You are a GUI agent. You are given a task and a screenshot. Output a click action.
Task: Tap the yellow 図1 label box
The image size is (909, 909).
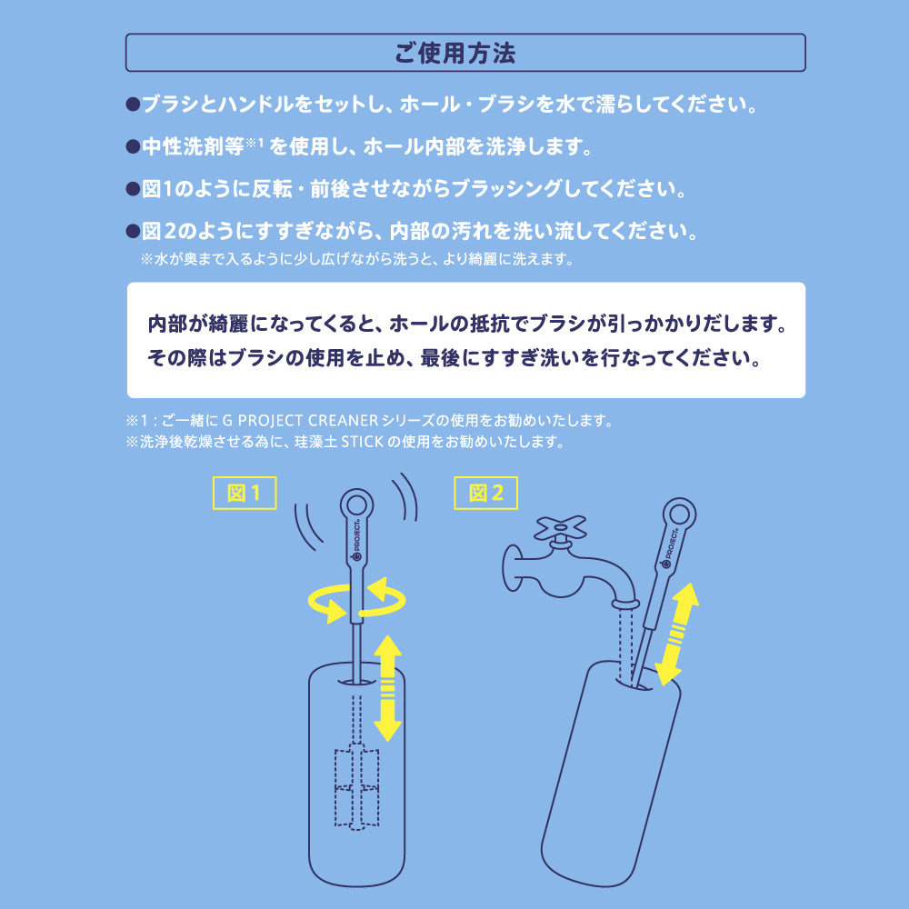[244, 493]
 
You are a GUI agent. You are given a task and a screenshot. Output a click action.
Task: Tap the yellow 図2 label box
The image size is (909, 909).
[485, 493]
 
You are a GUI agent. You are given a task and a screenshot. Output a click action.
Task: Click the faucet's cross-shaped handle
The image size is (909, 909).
[560, 528]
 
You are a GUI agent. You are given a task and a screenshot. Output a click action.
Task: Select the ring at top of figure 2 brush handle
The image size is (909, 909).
[678, 514]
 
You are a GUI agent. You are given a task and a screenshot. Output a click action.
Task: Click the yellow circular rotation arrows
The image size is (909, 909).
[356, 602]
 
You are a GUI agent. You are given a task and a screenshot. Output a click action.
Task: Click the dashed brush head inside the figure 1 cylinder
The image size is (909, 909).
[356, 786]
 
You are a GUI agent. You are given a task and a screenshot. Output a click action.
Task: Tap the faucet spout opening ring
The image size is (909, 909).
[624, 603]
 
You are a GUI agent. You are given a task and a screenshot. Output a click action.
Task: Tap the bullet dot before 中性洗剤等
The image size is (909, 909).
[132, 145]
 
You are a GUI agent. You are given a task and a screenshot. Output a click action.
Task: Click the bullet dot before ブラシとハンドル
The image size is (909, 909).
[132, 104]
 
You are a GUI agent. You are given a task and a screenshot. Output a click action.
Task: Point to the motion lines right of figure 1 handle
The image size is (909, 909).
[405, 499]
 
